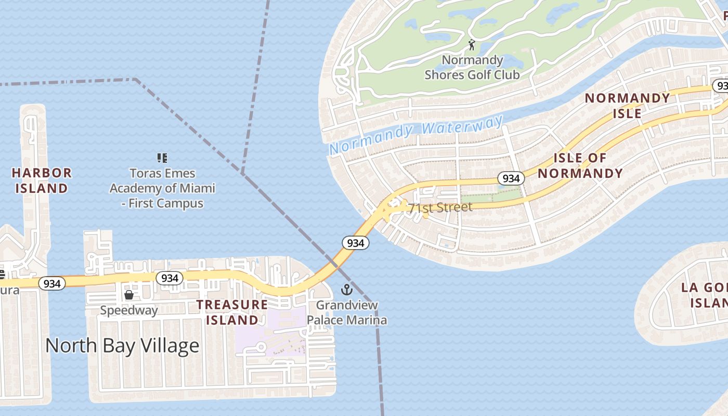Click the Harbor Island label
[42, 180]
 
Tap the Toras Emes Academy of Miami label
[162, 188]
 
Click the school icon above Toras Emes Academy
[162, 158]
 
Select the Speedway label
[129, 310]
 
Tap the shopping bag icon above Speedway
[129, 295]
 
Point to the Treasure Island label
[232, 312]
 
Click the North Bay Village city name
[122, 345]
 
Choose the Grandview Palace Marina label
[347, 312]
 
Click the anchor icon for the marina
[346, 290]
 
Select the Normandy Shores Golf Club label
[472, 68]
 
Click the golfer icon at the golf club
[472, 45]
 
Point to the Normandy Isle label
[627, 106]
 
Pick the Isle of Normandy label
[580, 165]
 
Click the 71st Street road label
[440, 207]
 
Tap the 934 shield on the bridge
[356, 242]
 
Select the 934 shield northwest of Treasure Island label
[170, 278]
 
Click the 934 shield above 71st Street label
[511, 178]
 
